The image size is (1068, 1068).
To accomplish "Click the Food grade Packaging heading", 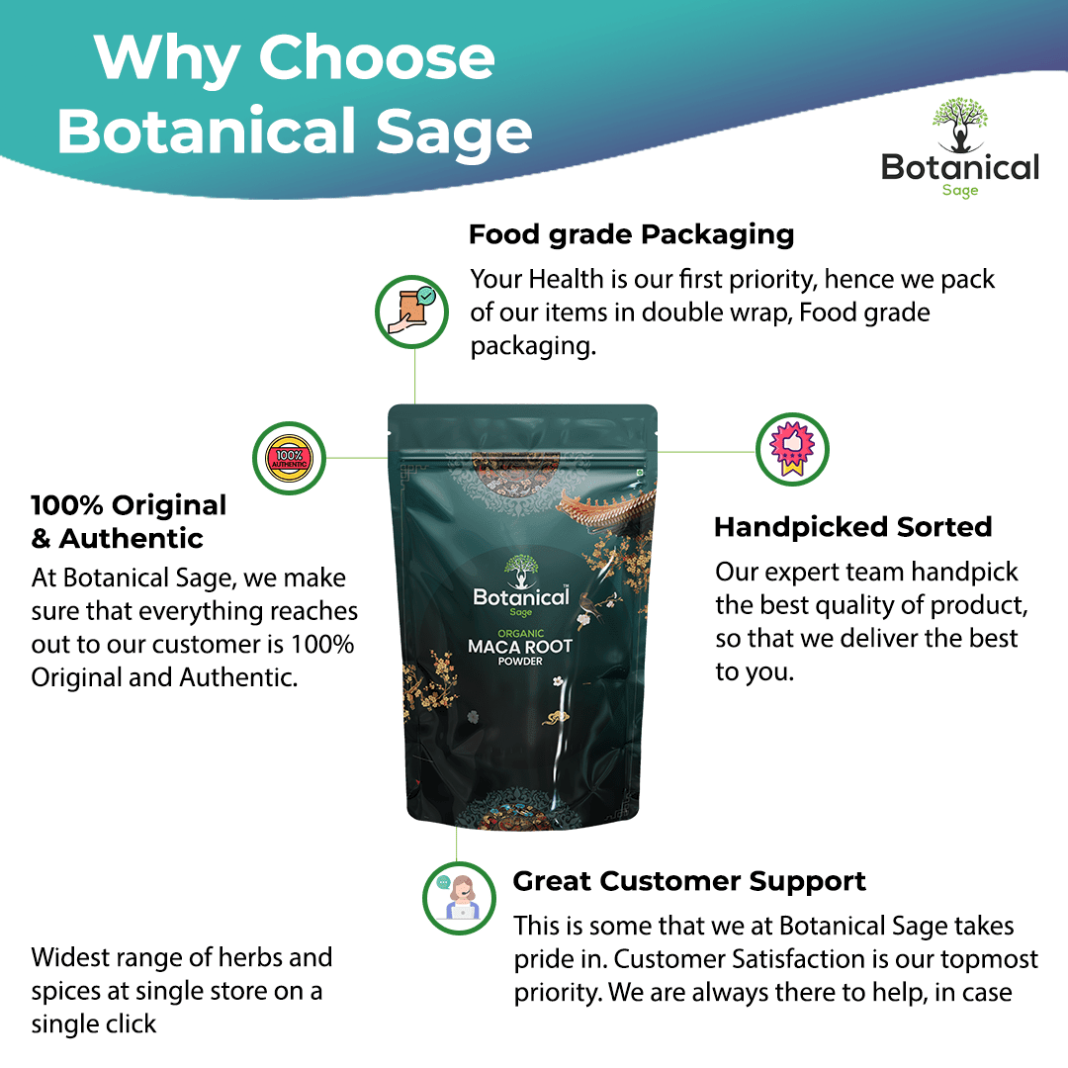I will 631,235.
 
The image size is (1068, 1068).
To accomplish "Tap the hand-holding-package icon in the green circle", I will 412,311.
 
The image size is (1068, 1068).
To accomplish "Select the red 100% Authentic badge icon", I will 289,458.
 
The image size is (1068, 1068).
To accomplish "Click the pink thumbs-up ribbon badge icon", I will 792,450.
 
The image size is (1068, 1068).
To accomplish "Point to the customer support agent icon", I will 459,897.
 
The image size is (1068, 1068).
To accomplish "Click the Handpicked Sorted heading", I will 852,527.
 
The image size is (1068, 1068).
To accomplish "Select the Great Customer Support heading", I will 689,881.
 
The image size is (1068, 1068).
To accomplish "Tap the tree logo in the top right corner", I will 959,125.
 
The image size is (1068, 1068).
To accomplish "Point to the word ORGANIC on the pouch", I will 520,631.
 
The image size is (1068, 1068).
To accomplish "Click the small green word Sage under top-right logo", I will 959,190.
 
